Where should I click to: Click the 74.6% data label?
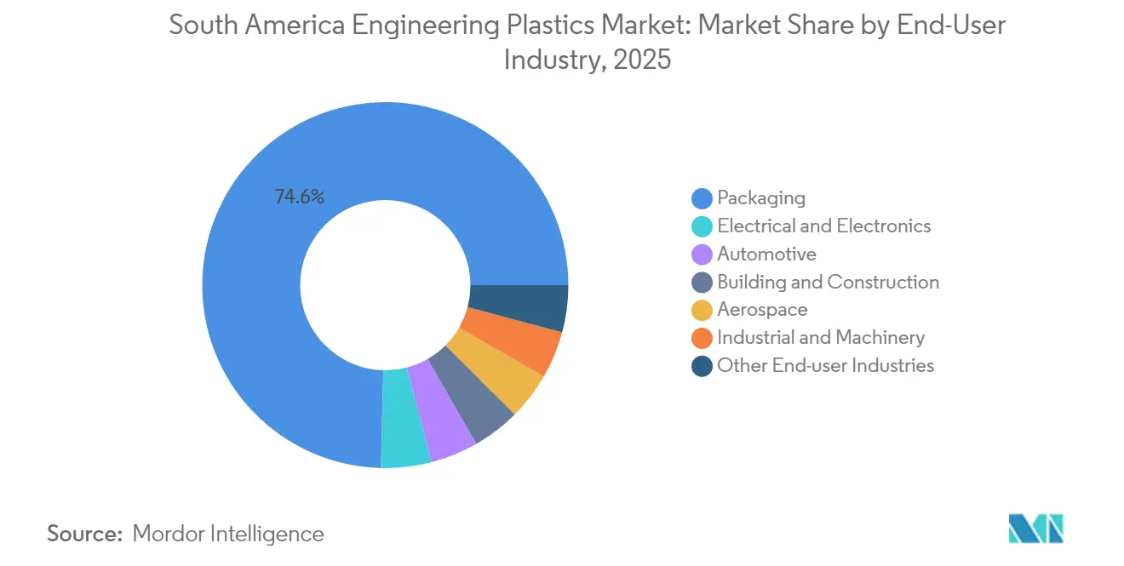299,197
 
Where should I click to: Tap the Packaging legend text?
760,198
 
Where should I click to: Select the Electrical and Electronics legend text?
823,226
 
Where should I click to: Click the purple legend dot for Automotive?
702,254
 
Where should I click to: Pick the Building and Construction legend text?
828,282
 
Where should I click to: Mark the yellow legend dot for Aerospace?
702,311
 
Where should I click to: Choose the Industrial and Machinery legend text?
820,338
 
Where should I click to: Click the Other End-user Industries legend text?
825,366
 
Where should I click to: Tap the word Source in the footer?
84,534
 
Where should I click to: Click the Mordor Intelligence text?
228,534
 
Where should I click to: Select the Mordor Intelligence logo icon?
1035,529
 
